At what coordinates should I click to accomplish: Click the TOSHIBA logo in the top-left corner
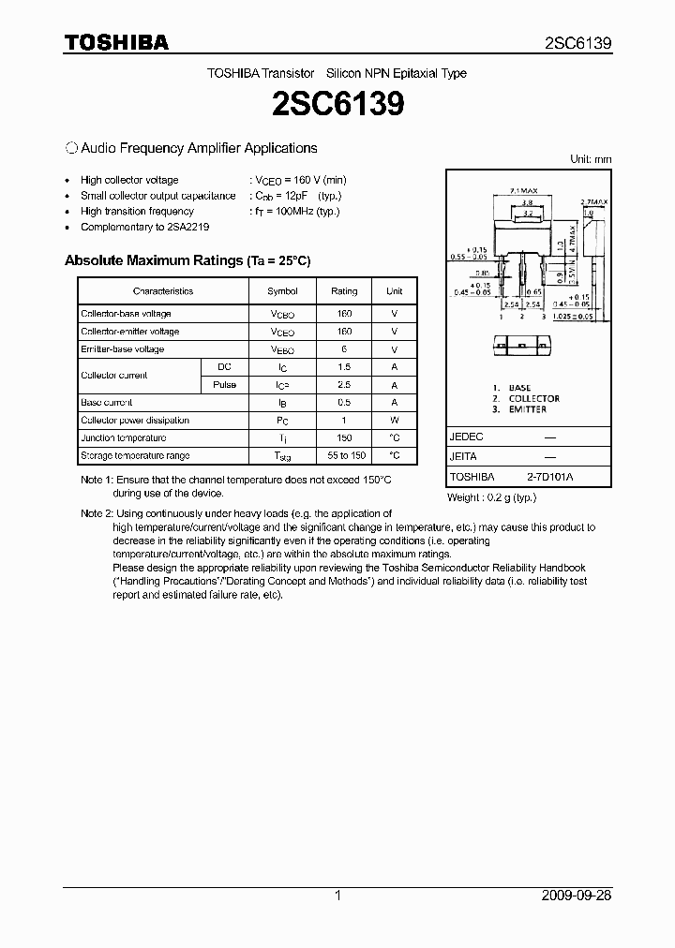tap(115, 42)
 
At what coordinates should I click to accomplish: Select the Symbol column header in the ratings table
tap(282, 291)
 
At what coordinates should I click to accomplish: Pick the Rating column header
tap(344, 291)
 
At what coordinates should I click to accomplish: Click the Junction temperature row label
tap(124, 438)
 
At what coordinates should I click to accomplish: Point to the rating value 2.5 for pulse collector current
tap(344, 385)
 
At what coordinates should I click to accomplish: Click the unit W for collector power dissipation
tap(395, 421)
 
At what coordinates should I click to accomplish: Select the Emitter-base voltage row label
tap(123, 349)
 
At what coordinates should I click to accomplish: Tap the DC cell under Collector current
tap(224, 366)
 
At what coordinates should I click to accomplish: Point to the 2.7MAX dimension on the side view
tap(594, 201)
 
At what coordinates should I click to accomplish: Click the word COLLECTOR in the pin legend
tap(533, 398)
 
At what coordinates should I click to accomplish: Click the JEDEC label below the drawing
tap(467, 437)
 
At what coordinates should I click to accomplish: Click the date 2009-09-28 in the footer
tap(577, 896)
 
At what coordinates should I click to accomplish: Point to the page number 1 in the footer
tap(337, 896)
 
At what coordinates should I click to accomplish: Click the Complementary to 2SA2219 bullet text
tap(145, 227)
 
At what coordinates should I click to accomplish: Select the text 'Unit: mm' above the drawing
tap(591, 159)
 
